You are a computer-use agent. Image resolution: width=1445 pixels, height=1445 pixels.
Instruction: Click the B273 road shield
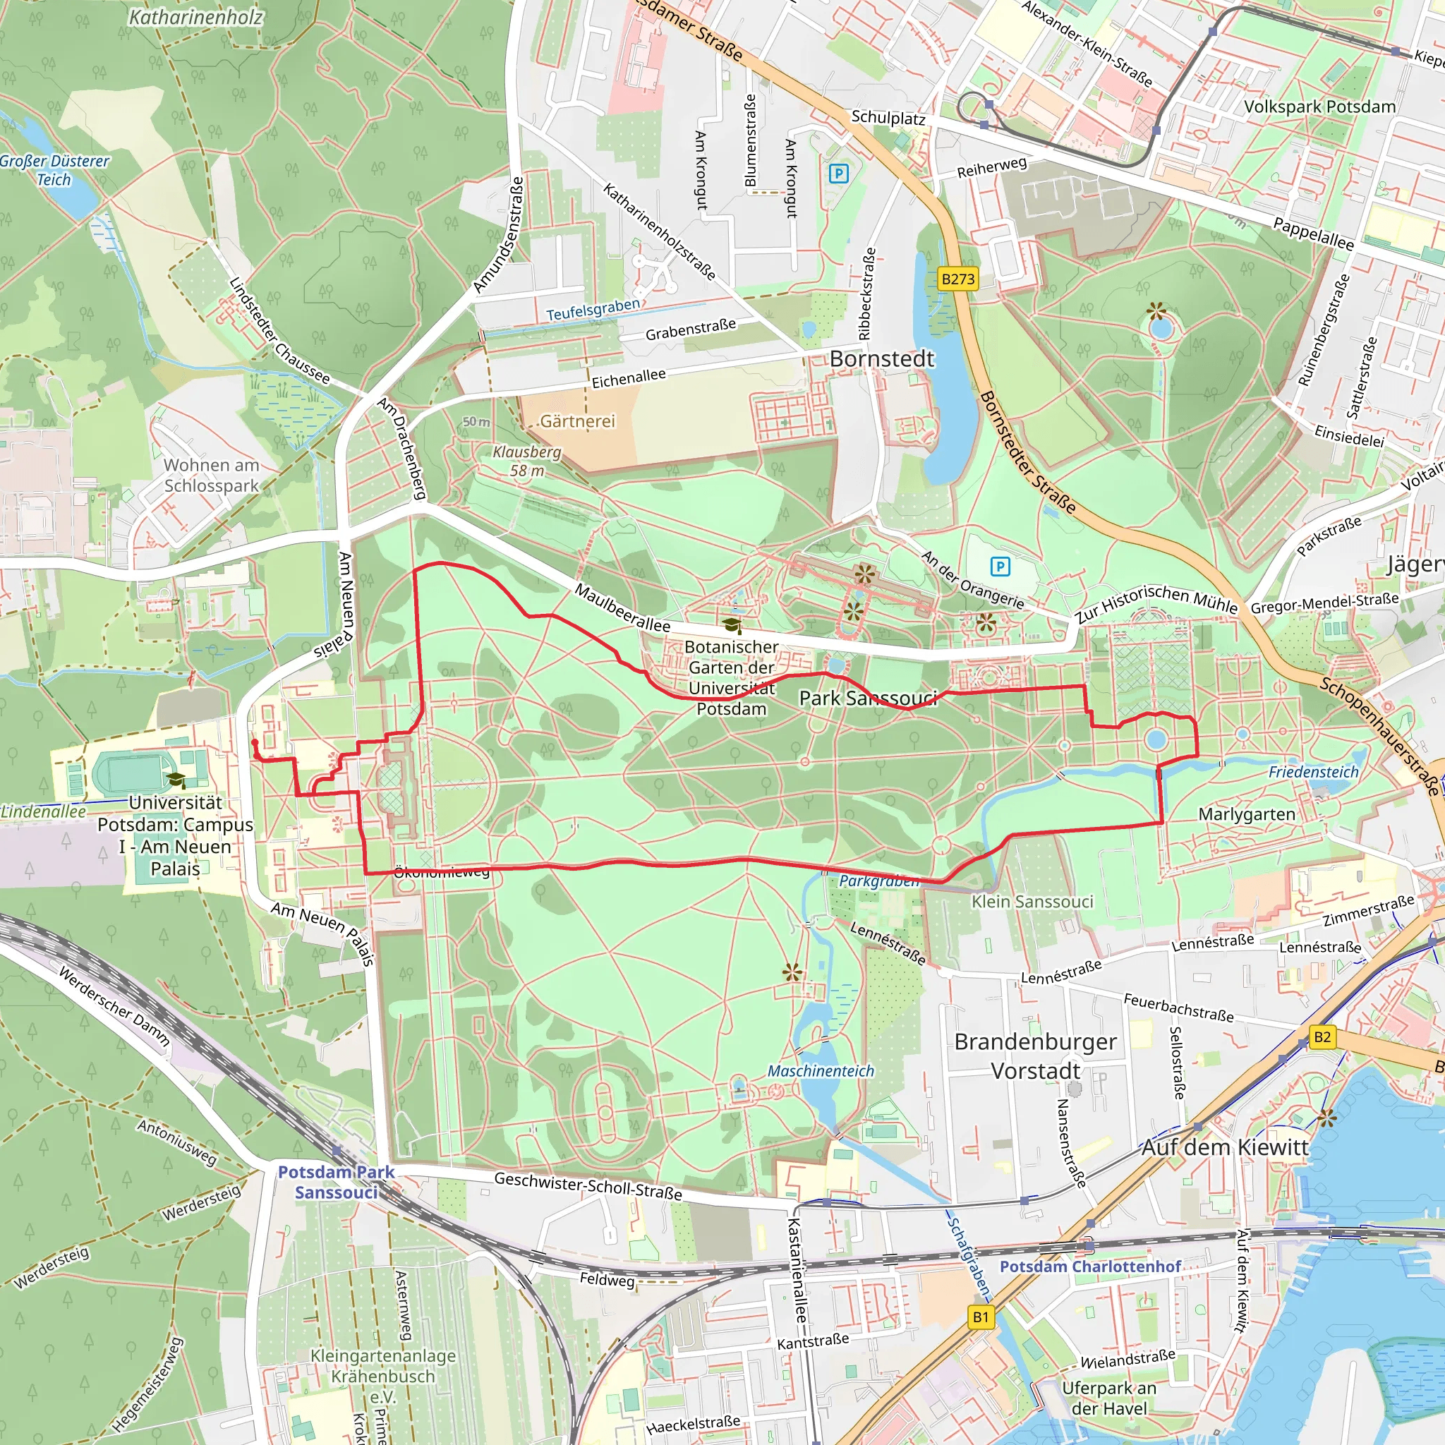[957, 279]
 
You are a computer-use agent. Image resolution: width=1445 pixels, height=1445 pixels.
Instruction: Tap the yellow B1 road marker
[981, 1317]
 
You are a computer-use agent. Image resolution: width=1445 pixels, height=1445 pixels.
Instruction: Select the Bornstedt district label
[882, 359]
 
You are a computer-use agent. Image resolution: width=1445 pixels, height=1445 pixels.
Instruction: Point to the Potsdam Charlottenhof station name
[1089, 1266]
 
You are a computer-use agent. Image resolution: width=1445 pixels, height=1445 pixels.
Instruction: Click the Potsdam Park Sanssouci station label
[336, 1183]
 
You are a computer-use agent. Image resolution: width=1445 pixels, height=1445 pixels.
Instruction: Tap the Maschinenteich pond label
[821, 1071]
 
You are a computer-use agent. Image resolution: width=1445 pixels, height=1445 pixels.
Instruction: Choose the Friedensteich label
[1313, 772]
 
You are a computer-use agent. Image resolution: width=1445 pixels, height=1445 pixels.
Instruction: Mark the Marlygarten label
[1247, 814]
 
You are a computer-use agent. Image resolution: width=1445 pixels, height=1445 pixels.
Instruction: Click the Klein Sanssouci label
[1032, 902]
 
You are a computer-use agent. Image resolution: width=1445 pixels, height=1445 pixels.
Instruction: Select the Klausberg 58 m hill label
[527, 461]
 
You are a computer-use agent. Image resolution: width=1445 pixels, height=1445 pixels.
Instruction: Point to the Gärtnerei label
[577, 421]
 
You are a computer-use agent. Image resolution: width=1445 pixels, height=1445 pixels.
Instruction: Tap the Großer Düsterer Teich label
[54, 170]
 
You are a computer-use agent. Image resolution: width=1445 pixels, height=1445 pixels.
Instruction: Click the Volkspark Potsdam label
[1319, 107]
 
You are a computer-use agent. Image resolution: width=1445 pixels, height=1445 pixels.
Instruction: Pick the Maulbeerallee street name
[622, 608]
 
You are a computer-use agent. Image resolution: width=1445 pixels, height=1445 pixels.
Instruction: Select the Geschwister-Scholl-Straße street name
[588, 1186]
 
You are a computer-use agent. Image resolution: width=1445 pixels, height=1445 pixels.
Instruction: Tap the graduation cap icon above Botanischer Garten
[732, 625]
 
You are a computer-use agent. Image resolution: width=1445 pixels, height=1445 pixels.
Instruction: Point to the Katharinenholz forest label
[196, 17]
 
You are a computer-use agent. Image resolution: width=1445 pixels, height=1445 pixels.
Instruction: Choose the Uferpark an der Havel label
[1109, 1398]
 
